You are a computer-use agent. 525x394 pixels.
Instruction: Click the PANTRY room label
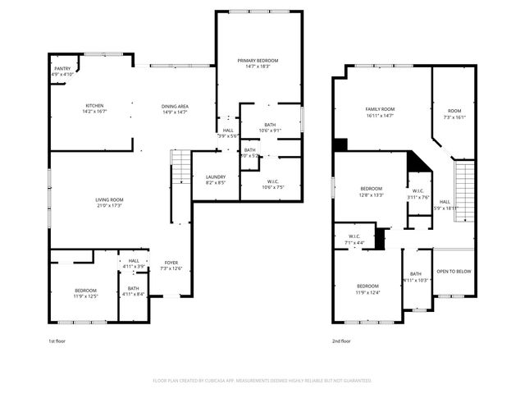click(x=63, y=68)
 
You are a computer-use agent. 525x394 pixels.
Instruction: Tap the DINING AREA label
click(x=175, y=106)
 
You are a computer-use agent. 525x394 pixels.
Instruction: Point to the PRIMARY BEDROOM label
click(x=258, y=61)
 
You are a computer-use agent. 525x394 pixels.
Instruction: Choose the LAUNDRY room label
click(x=216, y=176)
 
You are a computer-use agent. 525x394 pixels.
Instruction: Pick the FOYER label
click(x=171, y=263)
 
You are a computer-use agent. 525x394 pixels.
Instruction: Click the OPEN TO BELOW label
click(x=454, y=270)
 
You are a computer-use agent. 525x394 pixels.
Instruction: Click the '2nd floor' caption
click(x=341, y=341)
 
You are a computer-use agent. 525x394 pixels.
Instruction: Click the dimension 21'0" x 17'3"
click(x=109, y=205)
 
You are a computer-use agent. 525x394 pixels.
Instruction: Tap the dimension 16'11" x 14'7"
click(x=380, y=116)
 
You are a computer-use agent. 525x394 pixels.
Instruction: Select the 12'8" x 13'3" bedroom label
click(x=372, y=189)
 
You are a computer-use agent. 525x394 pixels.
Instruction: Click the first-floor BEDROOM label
click(x=86, y=290)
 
